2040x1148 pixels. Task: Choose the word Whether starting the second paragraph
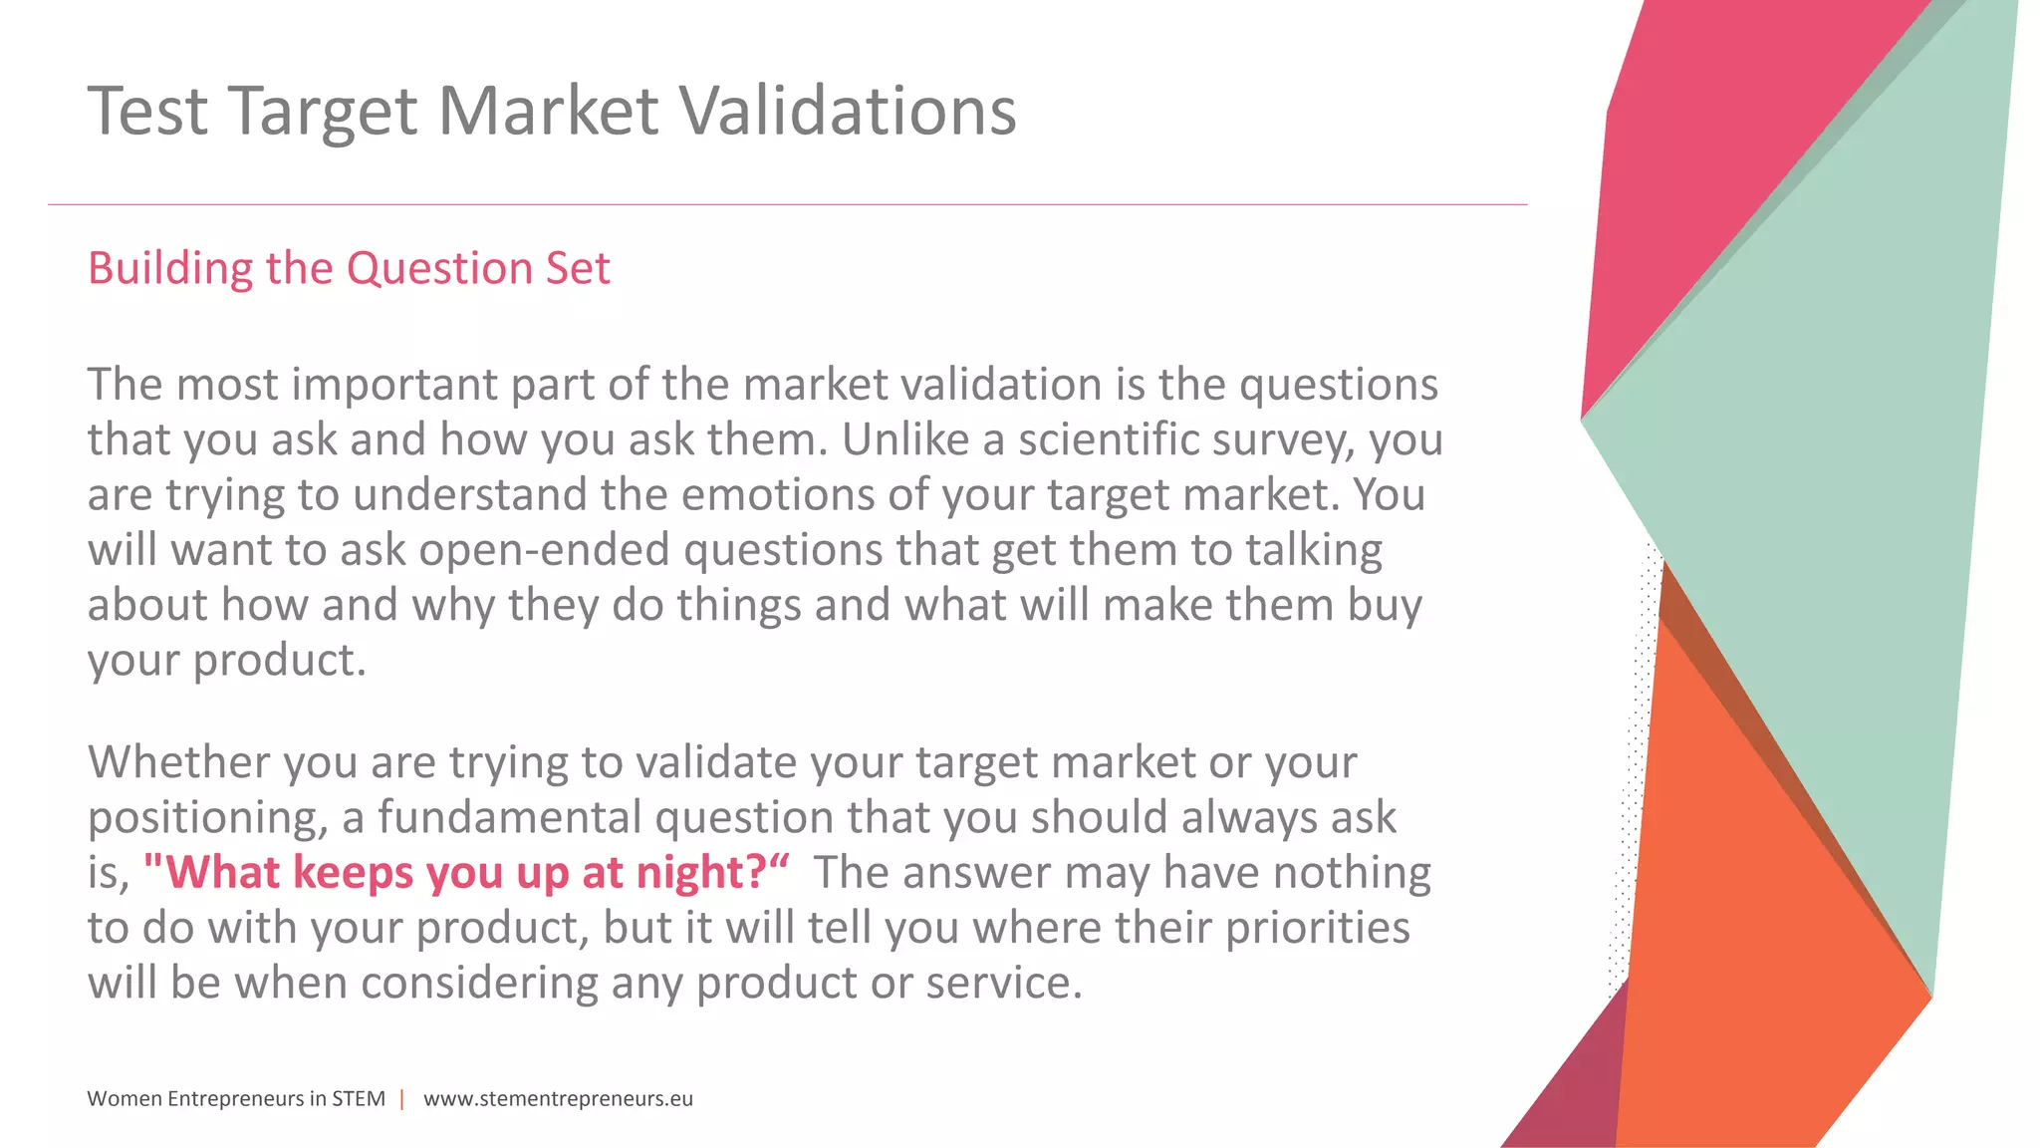click(179, 762)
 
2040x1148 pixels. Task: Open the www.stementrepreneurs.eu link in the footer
click(558, 1099)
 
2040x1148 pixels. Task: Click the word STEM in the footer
click(359, 1099)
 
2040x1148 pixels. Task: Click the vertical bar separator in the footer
click(402, 1099)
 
